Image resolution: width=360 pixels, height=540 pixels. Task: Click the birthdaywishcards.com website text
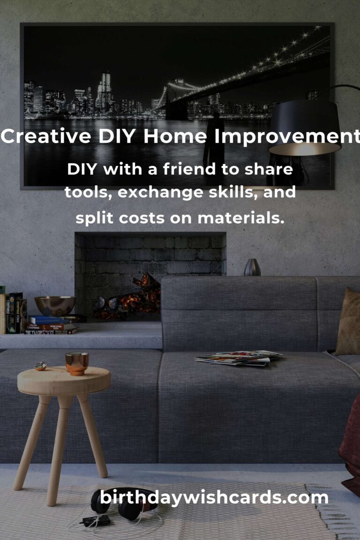point(214,498)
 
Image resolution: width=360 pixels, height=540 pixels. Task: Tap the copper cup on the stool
point(77,363)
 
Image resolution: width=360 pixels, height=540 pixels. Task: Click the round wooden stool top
point(64,381)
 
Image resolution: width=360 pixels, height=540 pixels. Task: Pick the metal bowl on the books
point(55,306)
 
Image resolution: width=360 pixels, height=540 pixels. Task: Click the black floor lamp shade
point(305,128)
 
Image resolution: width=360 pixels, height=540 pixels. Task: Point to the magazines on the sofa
point(238,358)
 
